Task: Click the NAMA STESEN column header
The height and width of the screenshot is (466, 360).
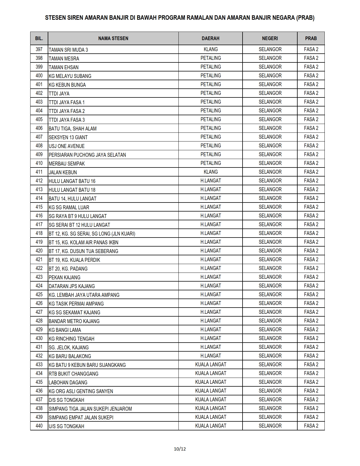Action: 113,38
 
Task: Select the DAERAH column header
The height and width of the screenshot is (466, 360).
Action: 210,38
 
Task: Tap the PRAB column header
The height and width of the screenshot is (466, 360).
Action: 311,38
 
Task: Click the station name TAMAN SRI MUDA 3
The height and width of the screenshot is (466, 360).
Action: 68,50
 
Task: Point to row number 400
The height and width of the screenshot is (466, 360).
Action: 39,76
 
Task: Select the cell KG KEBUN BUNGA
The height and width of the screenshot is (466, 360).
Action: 67,85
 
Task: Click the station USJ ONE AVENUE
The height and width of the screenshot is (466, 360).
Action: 67,146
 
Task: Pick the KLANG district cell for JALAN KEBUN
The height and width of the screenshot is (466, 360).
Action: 211,172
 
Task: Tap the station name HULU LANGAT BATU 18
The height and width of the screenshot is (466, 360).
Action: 72,190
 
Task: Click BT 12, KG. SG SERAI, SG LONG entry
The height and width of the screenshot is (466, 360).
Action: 92,234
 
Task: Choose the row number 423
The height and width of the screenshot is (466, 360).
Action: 39,277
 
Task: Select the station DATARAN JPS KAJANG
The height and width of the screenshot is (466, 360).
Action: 72,286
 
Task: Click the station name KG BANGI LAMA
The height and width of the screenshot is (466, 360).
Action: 65,330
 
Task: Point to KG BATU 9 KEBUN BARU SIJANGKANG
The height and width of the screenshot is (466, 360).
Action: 87,365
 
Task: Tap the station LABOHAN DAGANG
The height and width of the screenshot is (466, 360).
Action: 68,382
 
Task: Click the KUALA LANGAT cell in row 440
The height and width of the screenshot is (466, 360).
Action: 211,426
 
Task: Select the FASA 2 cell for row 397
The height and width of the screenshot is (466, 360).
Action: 311,49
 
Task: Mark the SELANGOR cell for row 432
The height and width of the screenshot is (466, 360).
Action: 270,356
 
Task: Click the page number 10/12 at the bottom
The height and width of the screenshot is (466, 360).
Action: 180,449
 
